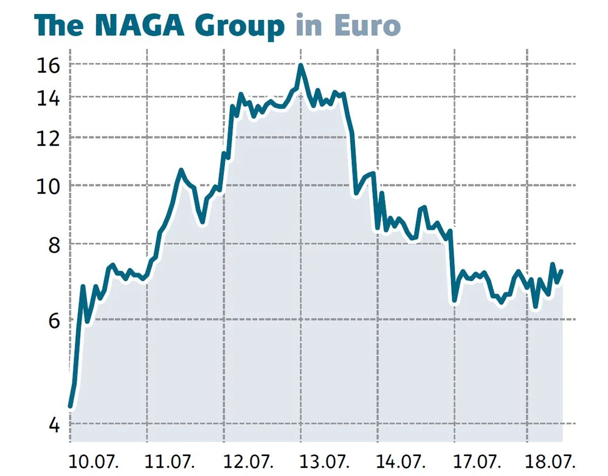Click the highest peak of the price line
tap(300, 66)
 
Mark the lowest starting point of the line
tap(71, 406)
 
